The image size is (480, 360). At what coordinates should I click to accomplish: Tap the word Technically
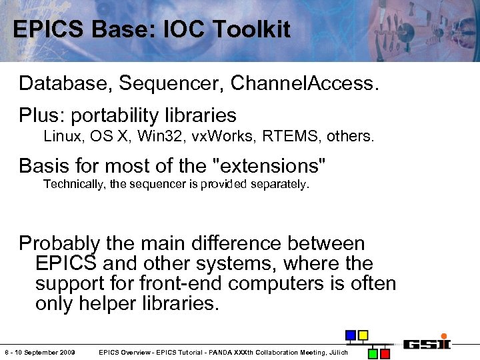click(73, 185)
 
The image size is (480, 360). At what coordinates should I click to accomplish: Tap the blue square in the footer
click(350, 335)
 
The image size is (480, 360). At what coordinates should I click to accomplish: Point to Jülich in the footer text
click(338, 352)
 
